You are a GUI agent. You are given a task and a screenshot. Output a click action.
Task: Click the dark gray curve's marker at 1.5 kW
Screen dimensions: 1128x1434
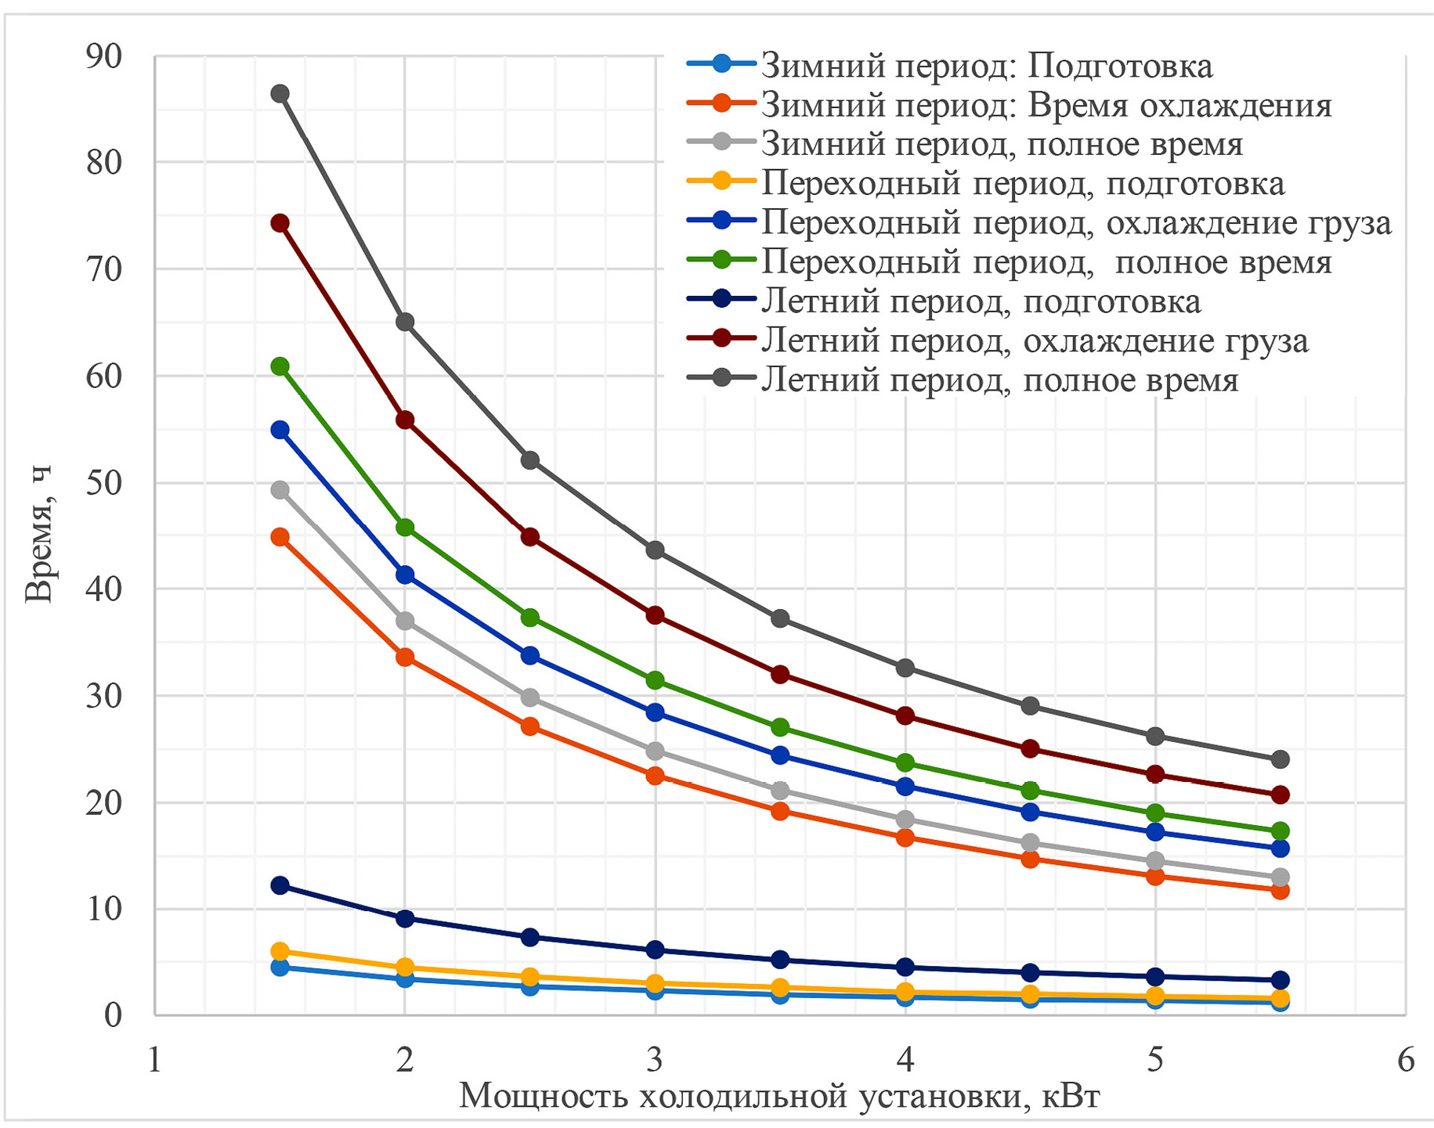(x=280, y=94)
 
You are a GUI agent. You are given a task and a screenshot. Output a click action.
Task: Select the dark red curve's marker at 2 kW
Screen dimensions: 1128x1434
(x=405, y=420)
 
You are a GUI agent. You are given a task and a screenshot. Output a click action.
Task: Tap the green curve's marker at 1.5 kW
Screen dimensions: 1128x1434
(x=280, y=366)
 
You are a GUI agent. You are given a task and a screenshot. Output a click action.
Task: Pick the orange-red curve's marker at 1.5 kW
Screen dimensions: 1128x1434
(x=280, y=537)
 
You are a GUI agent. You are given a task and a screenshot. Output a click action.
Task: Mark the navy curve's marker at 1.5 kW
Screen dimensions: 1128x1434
(x=280, y=885)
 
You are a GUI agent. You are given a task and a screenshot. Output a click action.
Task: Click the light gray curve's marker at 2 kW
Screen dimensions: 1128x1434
(x=405, y=621)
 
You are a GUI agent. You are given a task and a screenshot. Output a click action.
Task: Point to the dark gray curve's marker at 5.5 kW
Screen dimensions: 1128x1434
(x=1280, y=759)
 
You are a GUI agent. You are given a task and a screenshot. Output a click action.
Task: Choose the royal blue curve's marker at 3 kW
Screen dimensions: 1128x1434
(x=655, y=712)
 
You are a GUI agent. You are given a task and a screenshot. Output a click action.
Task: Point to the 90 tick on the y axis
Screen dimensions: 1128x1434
(x=103, y=56)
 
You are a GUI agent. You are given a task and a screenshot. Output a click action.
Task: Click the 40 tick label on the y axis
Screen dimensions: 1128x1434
(x=103, y=589)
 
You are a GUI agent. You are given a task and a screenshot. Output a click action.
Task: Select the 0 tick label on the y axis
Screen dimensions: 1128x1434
(x=114, y=1015)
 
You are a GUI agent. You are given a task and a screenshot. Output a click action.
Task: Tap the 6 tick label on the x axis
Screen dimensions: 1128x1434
(x=1406, y=1061)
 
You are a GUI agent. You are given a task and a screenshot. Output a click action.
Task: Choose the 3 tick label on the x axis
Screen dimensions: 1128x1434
(x=655, y=1061)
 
